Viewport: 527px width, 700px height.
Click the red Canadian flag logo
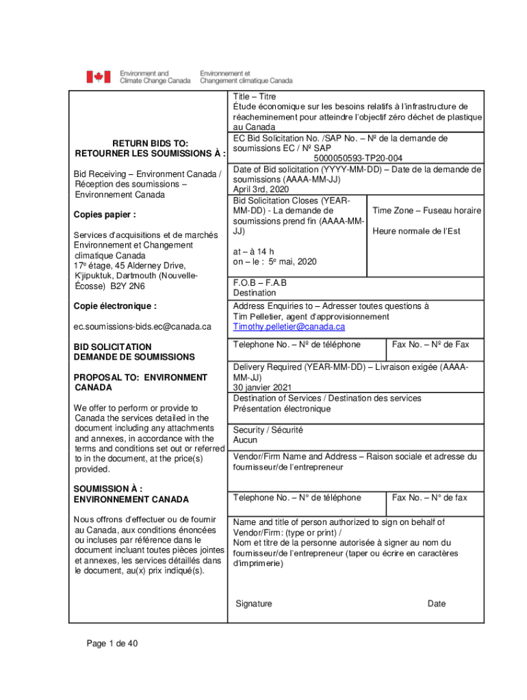98,77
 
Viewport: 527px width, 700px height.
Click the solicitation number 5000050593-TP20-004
358,159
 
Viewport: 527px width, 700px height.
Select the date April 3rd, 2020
261,189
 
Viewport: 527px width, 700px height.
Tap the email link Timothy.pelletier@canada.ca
289,327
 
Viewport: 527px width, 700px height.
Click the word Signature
254,604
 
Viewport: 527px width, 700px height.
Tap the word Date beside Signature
437,604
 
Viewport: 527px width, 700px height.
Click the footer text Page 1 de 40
112,643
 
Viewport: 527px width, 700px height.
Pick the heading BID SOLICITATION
113,347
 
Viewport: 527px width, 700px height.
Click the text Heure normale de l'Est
417,231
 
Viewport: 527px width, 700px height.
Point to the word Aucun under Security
245,440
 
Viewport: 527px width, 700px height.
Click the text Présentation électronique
282,409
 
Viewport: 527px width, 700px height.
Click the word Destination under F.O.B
255,293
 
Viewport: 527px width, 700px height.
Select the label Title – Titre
255,97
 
